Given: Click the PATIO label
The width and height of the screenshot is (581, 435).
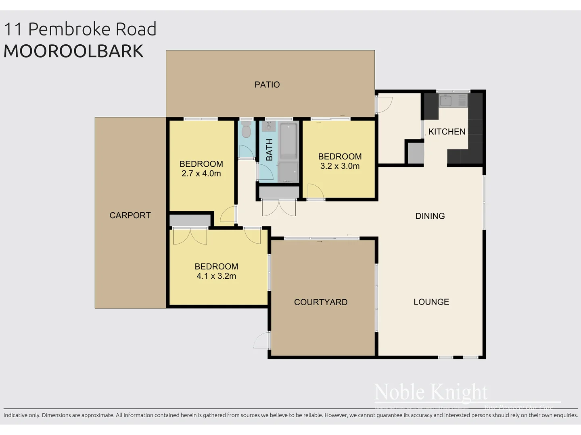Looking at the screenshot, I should click(267, 85).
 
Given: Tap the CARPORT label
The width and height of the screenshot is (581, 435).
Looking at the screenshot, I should click(130, 215).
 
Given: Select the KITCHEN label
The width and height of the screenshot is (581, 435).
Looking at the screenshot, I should click(447, 132).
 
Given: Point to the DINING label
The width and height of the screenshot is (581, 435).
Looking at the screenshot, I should click(430, 216).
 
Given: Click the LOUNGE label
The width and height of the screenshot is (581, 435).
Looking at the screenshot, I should click(431, 302).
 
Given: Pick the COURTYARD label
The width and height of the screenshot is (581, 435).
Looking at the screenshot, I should click(321, 302).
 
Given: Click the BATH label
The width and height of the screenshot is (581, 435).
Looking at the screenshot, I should click(269, 150).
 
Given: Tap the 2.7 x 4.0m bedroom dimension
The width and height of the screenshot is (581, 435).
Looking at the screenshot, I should click(201, 174).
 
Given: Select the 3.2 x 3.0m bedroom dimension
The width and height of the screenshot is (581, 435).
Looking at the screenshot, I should click(340, 166).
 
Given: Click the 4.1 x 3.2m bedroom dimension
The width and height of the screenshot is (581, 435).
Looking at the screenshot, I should click(216, 276).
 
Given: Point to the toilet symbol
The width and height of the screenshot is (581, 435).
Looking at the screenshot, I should click(246, 130).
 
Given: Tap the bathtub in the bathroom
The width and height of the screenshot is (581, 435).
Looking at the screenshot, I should click(288, 141).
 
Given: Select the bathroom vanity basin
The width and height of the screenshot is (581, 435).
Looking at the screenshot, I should click(268, 126).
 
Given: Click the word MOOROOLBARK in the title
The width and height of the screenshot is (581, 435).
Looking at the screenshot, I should click(73, 51).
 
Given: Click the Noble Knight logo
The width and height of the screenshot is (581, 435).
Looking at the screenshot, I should click(431, 392).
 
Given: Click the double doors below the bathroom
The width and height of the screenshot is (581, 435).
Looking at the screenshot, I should click(279, 207).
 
